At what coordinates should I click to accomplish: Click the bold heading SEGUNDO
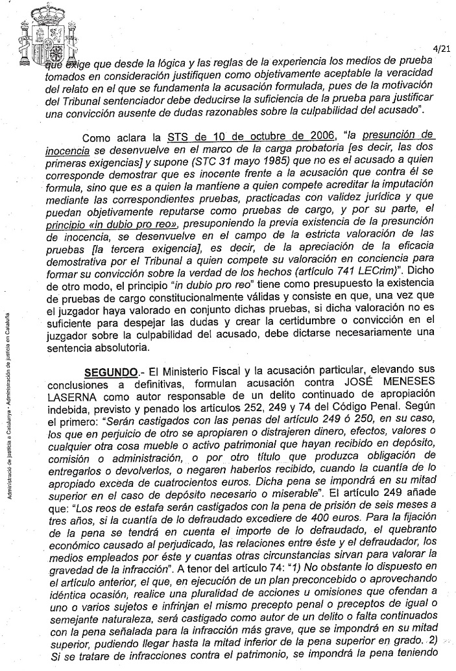pyautogui.click(x=110, y=374)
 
